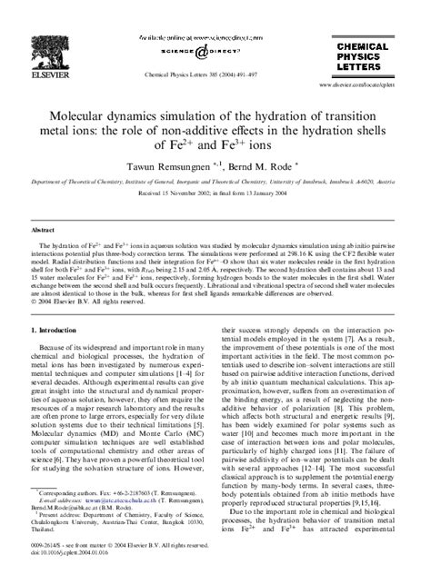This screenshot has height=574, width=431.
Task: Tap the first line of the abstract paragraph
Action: (215, 247)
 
